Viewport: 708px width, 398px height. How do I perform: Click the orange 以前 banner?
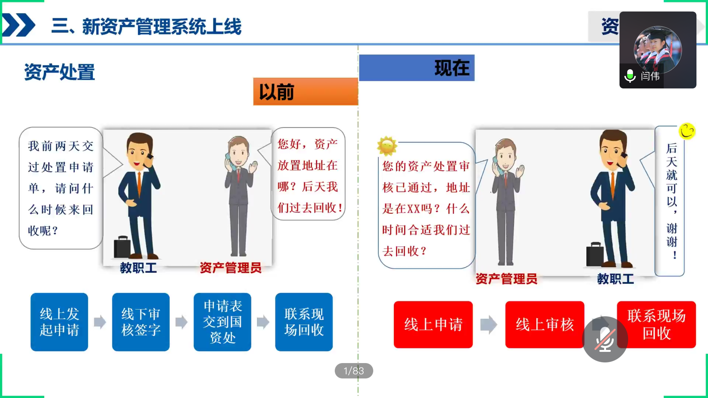pyautogui.click(x=306, y=92)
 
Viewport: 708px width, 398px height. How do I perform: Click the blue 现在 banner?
pyautogui.click(x=417, y=68)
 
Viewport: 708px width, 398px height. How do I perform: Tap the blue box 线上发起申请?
pyautogui.click(x=59, y=322)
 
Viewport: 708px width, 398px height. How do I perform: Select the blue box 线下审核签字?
pyautogui.click(x=141, y=322)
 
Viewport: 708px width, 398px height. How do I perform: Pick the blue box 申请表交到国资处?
pyautogui.click(x=222, y=322)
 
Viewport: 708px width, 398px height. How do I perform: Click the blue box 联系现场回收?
pyautogui.click(x=304, y=322)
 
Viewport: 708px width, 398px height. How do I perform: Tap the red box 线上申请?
pyautogui.click(x=433, y=325)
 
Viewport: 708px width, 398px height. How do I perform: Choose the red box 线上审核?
pyautogui.click(x=544, y=325)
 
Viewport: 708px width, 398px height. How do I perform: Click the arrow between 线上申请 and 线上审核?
pyautogui.click(x=489, y=325)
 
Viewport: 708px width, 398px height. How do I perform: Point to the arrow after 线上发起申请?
pyautogui.click(x=100, y=322)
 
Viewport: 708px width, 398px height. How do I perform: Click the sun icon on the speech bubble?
pyautogui.click(x=387, y=146)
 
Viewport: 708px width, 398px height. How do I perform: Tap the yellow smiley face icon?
pyautogui.click(x=687, y=131)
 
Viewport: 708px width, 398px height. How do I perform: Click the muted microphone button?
pyautogui.click(x=605, y=339)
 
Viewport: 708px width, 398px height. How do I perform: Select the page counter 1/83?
pyautogui.click(x=354, y=371)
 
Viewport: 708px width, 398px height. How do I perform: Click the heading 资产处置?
pyautogui.click(x=60, y=72)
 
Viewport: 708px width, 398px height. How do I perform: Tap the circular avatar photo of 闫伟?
pyautogui.click(x=658, y=50)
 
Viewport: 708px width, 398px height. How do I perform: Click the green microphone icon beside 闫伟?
pyautogui.click(x=630, y=76)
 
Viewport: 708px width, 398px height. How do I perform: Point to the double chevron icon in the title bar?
pyautogui.click(x=19, y=25)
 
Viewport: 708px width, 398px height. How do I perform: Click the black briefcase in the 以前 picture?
pyautogui.click(x=122, y=247)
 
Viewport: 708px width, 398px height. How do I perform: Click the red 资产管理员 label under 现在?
pyautogui.click(x=506, y=279)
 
